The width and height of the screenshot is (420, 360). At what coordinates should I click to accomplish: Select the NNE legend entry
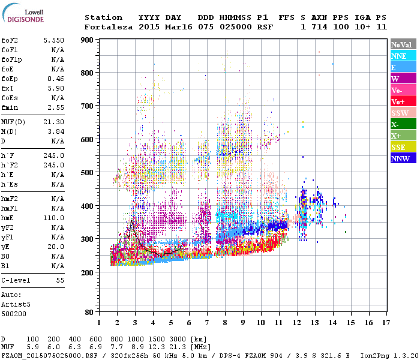point(403,56)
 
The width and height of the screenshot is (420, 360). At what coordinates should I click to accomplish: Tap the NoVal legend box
point(403,44)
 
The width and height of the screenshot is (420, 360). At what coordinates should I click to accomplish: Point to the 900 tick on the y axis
point(88,40)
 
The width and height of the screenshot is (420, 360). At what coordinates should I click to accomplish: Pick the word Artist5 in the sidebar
point(17,304)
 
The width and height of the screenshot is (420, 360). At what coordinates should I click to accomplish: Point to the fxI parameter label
point(8,88)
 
